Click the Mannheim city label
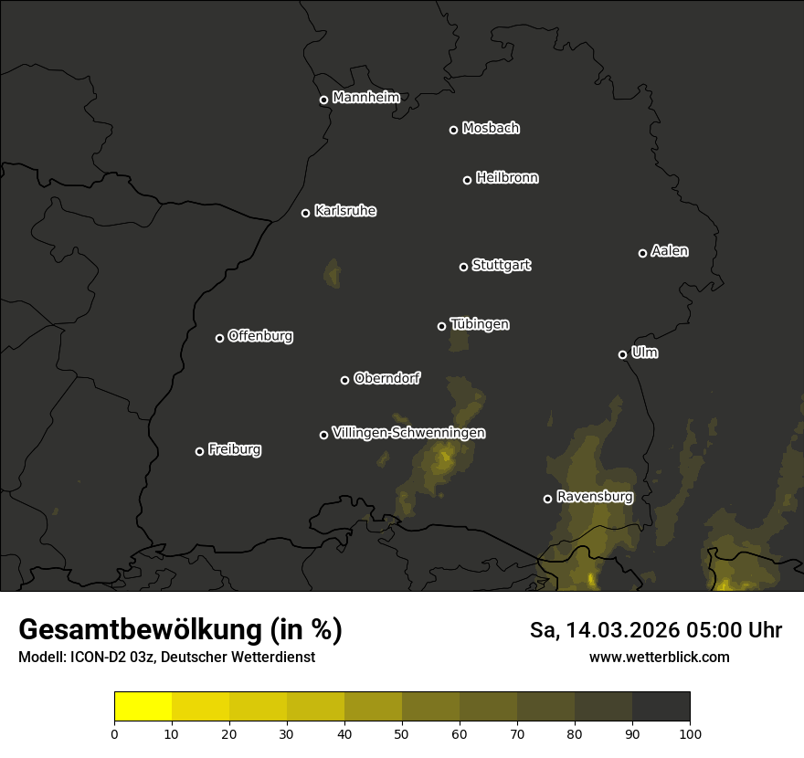(x=365, y=98)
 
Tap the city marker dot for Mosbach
(x=453, y=130)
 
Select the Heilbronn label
(x=507, y=178)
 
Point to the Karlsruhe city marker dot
(x=305, y=214)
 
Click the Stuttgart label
(x=501, y=265)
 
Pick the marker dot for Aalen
(x=642, y=253)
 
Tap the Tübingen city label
(x=480, y=324)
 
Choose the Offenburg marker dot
(x=219, y=338)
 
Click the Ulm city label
(x=644, y=353)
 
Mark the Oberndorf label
(x=386, y=378)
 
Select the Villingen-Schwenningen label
(x=408, y=433)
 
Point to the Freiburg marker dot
(x=199, y=451)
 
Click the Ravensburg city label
(x=594, y=497)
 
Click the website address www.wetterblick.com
(x=659, y=657)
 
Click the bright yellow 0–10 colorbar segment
(x=143, y=707)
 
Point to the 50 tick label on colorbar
(x=402, y=732)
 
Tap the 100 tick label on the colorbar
(x=690, y=732)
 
